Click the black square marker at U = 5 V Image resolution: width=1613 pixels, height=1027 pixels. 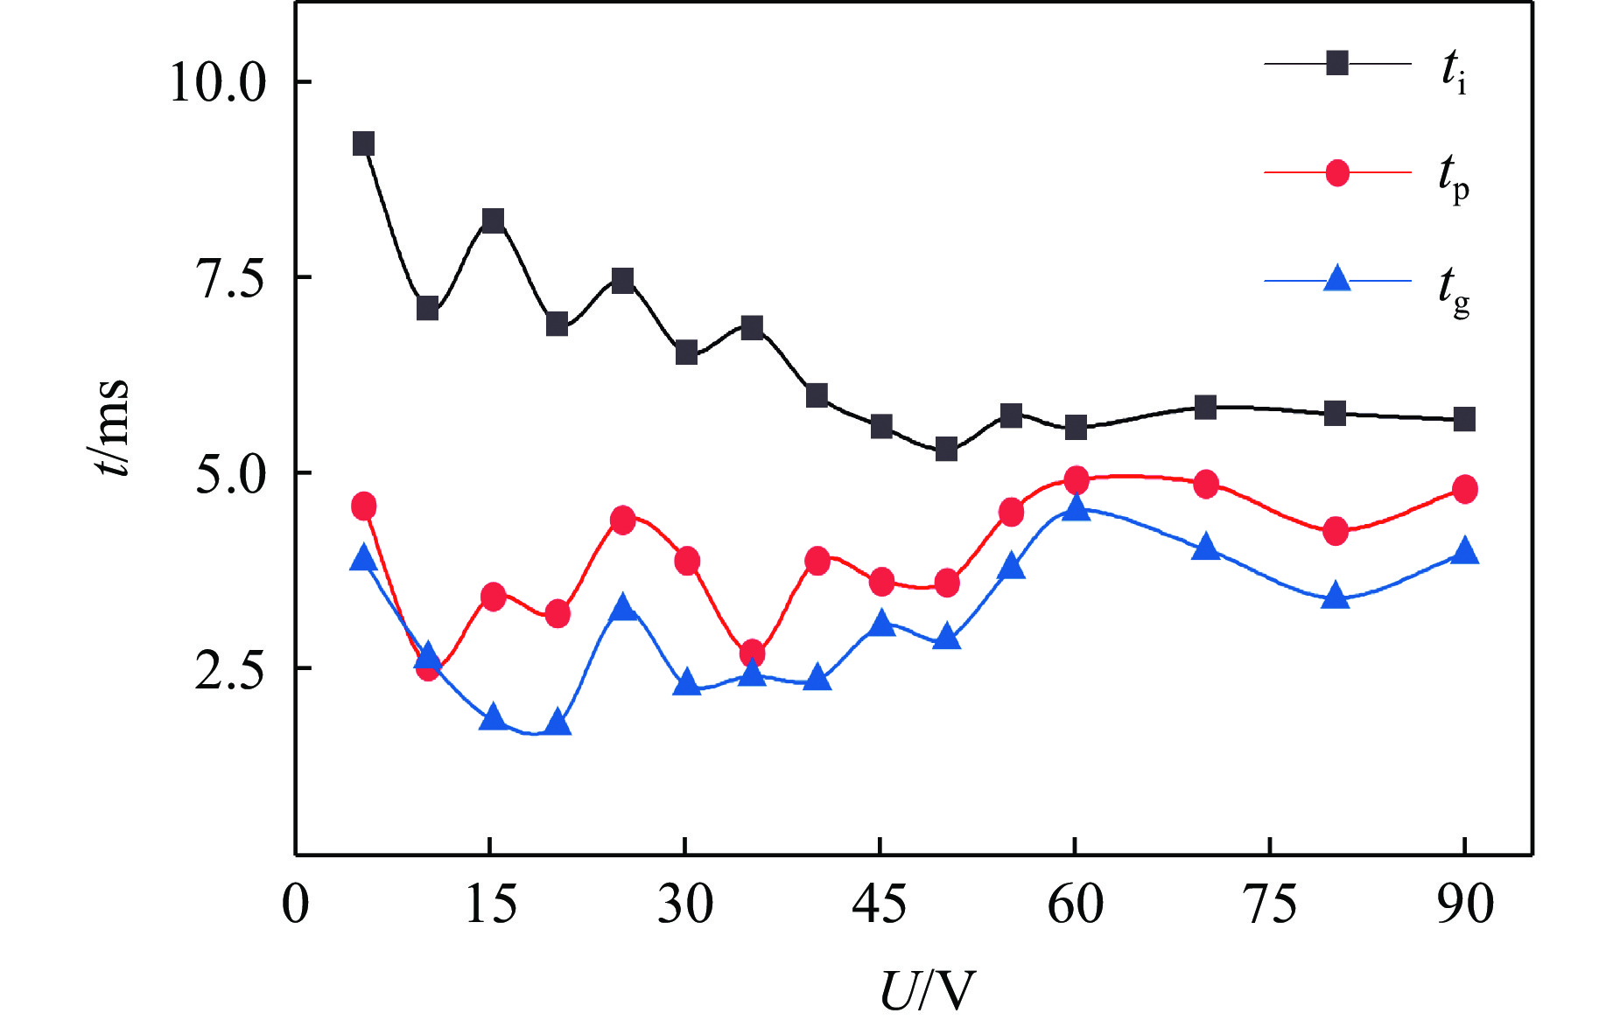pos(363,143)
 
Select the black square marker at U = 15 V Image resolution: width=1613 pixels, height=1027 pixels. pos(493,220)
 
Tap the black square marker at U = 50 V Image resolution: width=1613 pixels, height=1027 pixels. pos(946,450)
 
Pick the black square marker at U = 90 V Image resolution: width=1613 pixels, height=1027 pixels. pos(1464,419)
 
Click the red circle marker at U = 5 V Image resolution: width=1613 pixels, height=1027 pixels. pos(363,506)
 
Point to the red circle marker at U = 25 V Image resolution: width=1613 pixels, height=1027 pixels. pos(622,520)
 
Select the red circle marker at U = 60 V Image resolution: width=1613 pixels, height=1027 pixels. pos(1076,479)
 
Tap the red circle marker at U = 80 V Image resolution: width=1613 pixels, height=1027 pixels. pos(1335,530)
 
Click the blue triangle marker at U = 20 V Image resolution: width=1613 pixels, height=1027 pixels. pos(558,723)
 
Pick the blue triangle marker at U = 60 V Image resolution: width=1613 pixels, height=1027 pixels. pos(1076,508)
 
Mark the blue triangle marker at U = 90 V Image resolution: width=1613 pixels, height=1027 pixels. pos(1464,551)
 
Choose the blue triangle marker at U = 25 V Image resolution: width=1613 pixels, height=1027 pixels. pos(622,607)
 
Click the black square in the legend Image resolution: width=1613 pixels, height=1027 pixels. pos(1336,63)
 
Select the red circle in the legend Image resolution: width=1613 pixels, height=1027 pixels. pos(1336,173)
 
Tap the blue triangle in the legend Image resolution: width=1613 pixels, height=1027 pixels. pos(1336,280)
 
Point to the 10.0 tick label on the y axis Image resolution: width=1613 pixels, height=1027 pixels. pos(217,83)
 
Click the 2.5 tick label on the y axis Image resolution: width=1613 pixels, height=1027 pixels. pos(229,670)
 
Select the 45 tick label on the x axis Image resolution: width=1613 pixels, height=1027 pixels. pos(880,905)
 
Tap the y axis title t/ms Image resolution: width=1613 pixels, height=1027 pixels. pos(112,428)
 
